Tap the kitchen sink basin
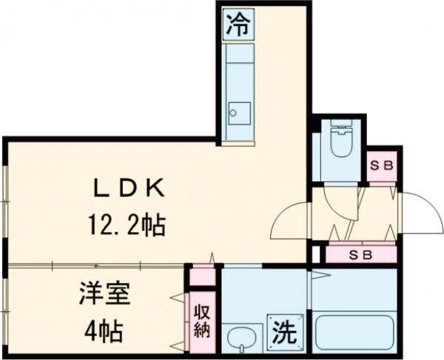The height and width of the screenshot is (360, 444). pyautogui.click(x=238, y=113)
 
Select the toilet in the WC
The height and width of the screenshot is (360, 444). pyautogui.click(x=340, y=144)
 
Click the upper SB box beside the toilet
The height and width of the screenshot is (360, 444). pyautogui.click(x=381, y=166)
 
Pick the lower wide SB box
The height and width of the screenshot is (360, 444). pyautogui.click(x=361, y=254)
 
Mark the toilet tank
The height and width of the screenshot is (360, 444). pyautogui.click(x=340, y=126)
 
